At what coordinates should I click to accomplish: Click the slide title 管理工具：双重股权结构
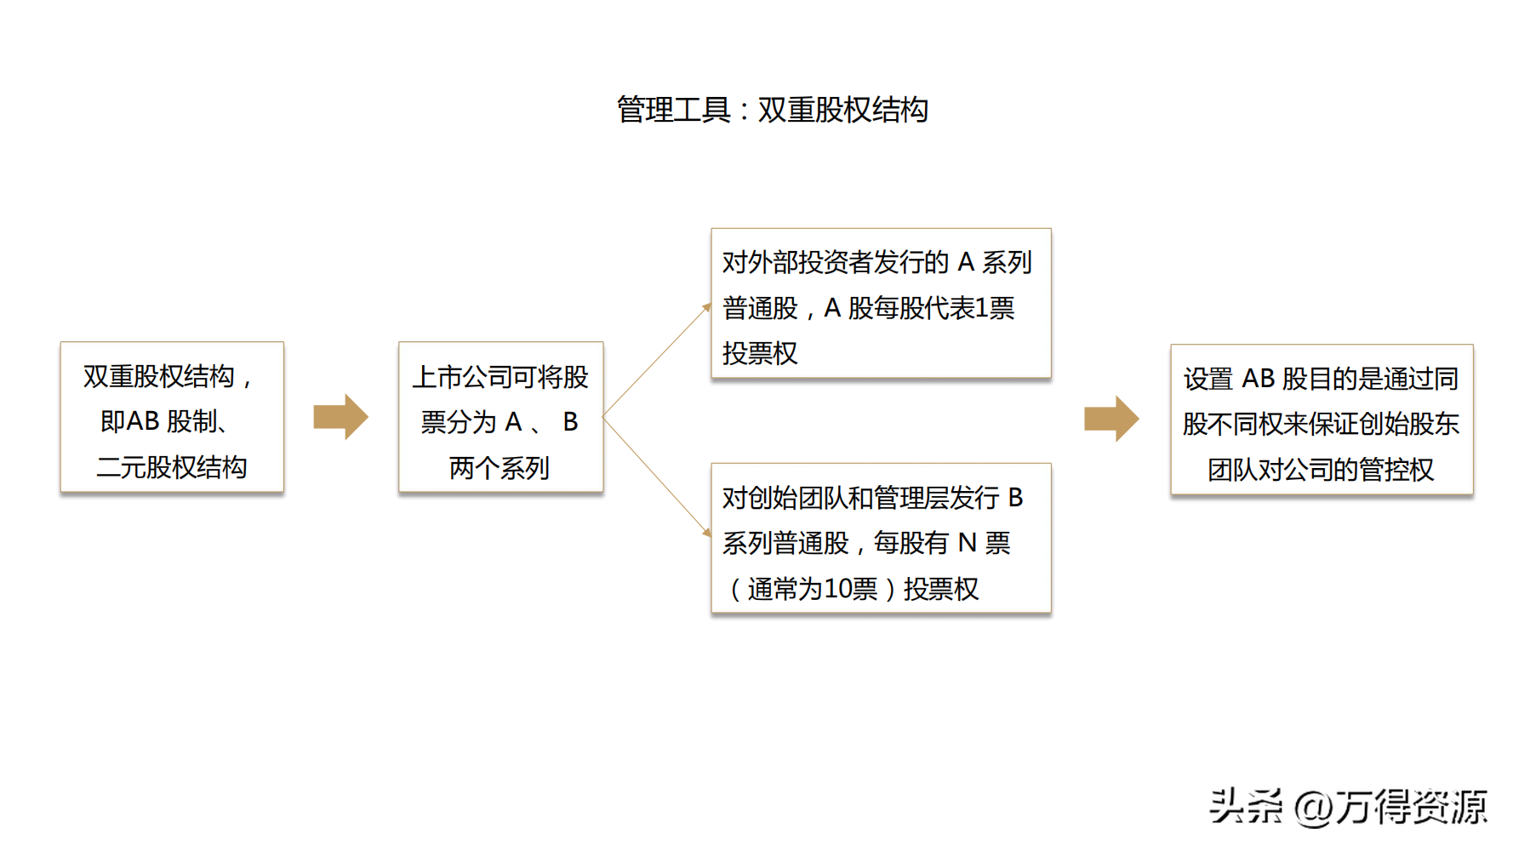772,110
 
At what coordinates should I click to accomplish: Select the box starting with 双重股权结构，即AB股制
172,417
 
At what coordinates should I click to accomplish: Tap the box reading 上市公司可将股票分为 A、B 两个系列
500,417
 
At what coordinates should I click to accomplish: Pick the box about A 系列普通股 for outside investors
881,303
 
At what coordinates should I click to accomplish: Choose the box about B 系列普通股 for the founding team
881,538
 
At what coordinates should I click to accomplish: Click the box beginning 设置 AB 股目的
1322,420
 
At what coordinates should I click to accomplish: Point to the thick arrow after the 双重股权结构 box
340,417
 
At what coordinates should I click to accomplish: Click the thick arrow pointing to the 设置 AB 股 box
1111,419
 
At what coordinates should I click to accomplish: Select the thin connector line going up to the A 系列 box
656,360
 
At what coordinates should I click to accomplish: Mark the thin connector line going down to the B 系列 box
656,476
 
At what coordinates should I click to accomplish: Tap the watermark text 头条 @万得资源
1348,806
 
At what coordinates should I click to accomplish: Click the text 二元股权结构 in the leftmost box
172,467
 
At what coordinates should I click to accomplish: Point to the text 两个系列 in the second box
500,467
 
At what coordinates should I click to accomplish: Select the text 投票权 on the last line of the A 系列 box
760,353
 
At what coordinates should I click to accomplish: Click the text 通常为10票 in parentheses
812,589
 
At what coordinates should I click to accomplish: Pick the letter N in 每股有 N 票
967,543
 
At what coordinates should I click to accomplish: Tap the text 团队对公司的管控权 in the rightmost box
1321,470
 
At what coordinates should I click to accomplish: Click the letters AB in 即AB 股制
143,421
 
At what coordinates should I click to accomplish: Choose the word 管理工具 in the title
673,110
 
